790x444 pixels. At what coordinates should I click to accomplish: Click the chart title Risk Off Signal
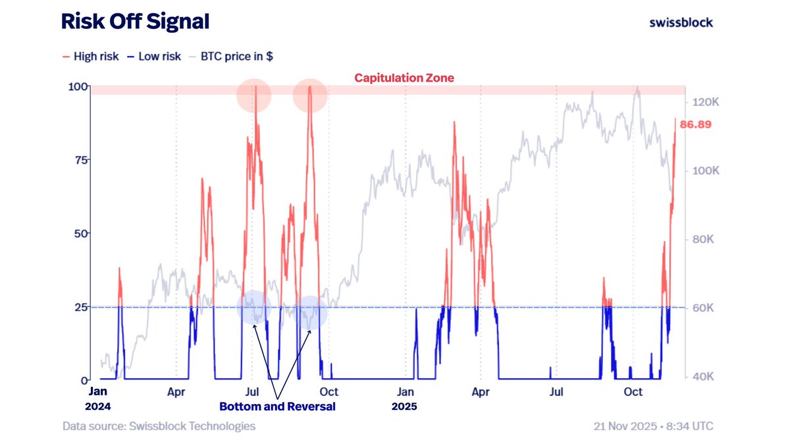pyautogui.click(x=135, y=22)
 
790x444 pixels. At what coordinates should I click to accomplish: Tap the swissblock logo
pyautogui.click(x=681, y=22)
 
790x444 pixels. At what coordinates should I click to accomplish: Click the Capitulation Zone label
pyautogui.click(x=404, y=78)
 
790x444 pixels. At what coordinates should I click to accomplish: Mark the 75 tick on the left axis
pyautogui.click(x=80, y=160)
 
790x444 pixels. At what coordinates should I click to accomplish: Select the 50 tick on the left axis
pyautogui.click(x=80, y=234)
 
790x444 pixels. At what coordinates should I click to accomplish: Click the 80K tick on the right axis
pyautogui.click(x=702, y=239)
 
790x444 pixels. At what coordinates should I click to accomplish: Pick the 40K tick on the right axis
pyautogui.click(x=702, y=377)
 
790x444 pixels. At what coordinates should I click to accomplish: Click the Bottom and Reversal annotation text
pyautogui.click(x=277, y=407)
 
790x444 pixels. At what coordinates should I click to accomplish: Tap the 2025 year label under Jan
pyautogui.click(x=405, y=407)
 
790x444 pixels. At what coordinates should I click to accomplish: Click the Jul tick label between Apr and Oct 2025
pyautogui.click(x=557, y=392)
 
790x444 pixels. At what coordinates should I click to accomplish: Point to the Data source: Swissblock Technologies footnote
pyautogui.click(x=159, y=426)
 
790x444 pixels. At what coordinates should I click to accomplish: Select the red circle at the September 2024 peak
pyautogui.click(x=309, y=95)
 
